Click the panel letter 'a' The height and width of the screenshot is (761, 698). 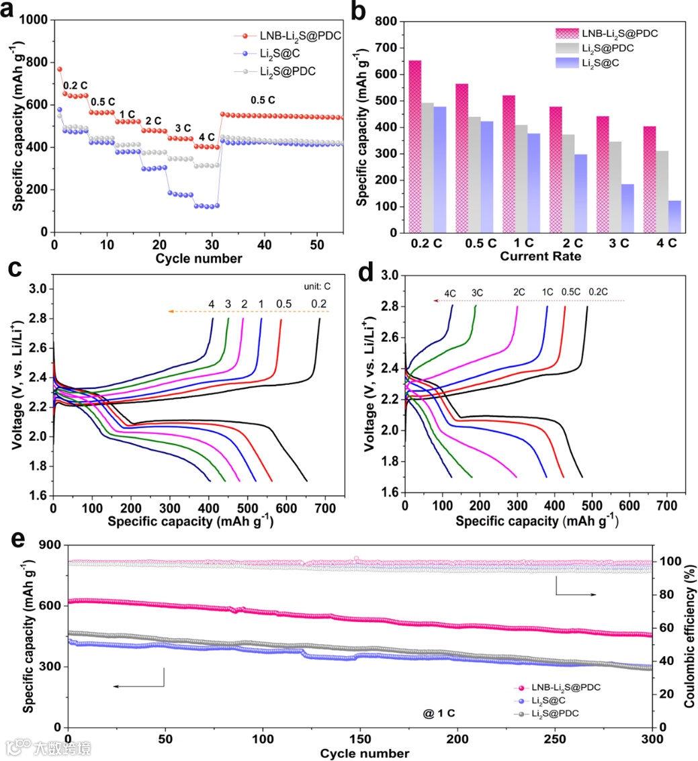pos(15,13)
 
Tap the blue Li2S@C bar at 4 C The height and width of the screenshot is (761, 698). pos(675,216)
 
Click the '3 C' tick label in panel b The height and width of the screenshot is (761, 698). pos(620,242)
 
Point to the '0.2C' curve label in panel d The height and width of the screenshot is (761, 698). pos(598,292)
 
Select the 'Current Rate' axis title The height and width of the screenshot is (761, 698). pos(530,256)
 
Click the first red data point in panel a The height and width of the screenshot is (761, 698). pos(59,69)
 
